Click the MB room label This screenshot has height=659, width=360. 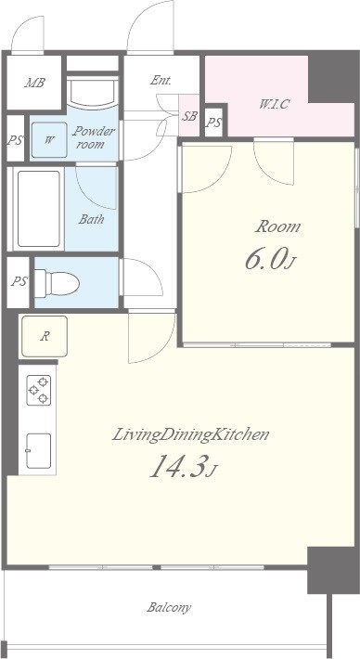pos(35,83)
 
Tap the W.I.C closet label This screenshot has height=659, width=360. pos(274,104)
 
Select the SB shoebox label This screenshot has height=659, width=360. pos(189,116)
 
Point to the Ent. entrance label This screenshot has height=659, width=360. pos(161,81)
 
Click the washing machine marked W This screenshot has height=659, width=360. pos(49,140)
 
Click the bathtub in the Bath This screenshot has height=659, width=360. pos(38,209)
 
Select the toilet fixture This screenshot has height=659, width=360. pos(58,283)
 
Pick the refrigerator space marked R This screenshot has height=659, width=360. pos(45,336)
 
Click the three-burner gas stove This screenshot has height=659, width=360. pos(39,390)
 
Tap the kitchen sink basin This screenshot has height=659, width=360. pos(39,450)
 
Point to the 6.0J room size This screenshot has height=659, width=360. pos(271,259)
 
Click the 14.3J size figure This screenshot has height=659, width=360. pos(184,467)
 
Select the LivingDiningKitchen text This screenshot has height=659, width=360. pos(190,434)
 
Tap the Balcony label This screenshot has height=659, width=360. pos(169,607)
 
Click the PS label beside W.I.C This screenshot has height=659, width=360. pos(213,123)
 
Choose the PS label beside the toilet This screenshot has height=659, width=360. pos(19,281)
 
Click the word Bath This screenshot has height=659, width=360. pos(91,219)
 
